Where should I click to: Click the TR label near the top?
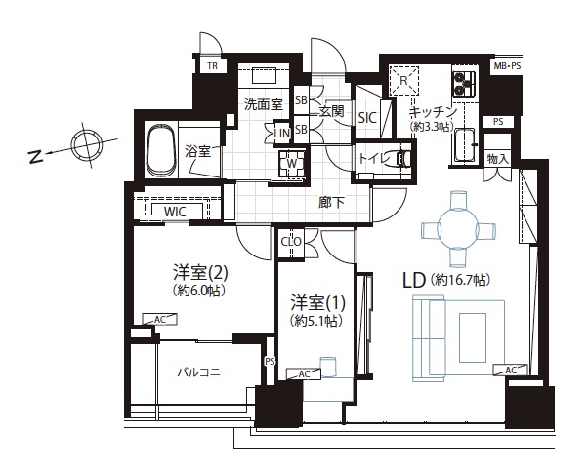pyautogui.click(x=212, y=66)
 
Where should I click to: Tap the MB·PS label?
pyautogui.click(x=507, y=66)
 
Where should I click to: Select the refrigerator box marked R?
pyautogui.click(x=403, y=80)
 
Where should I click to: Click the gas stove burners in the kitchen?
pyautogui.click(x=464, y=84)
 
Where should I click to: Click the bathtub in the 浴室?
pyautogui.click(x=161, y=150)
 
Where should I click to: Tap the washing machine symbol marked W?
pyautogui.click(x=291, y=163)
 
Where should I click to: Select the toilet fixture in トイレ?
pyautogui.click(x=401, y=159)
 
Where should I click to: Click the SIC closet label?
pyautogui.click(x=367, y=118)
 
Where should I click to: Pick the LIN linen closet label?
pyautogui.click(x=282, y=133)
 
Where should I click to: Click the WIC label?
pyautogui.click(x=175, y=212)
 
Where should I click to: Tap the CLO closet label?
pyautogui.click(x=291, y=242)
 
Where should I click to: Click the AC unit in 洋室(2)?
pyautogui.click(x=160, y=320)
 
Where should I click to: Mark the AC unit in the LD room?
pyautogui.click(x=511, y=370)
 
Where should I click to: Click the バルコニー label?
pyautogui.click(x=204, y=372)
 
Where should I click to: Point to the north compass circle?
pyautogui.click(x=87, y=145)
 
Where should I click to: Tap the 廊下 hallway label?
pyautogui.click(x=331, y=203)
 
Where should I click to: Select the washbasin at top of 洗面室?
pyautogui.click(x=264, y=75)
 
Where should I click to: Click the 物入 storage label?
pyautogui.click(x=497, y=159)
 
